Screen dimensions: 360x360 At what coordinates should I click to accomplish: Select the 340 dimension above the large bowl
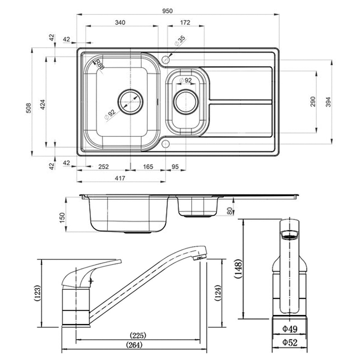click(120, 22)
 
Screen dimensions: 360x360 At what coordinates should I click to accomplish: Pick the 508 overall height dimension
click(28, 107)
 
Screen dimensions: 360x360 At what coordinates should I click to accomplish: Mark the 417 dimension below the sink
click(120, 179)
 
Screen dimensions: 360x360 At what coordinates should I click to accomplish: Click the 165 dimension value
click(148, 167)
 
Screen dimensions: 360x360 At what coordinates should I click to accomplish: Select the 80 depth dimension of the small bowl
click(229, 210)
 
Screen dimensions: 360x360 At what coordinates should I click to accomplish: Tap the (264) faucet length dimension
click(135, 345)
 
